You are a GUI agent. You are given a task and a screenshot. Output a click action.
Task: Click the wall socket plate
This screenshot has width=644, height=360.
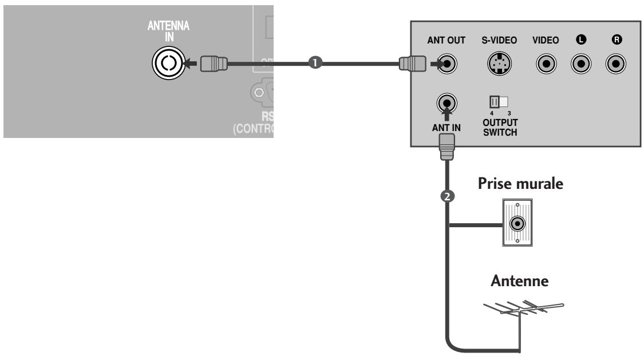coord(517,222)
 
